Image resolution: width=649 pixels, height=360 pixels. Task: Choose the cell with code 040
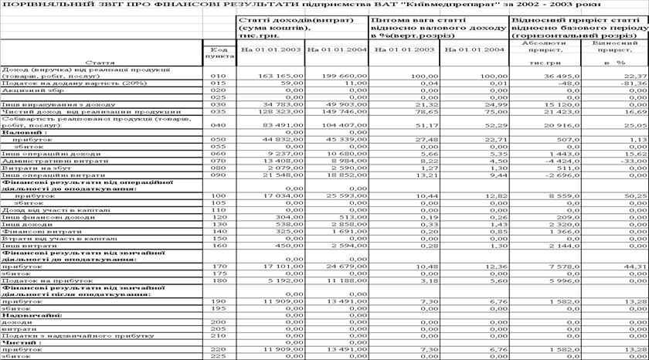click(x=217, y=124)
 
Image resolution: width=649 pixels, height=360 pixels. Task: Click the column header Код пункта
click(x=217, y=53)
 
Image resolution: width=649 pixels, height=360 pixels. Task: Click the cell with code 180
click(x=217, y=279)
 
